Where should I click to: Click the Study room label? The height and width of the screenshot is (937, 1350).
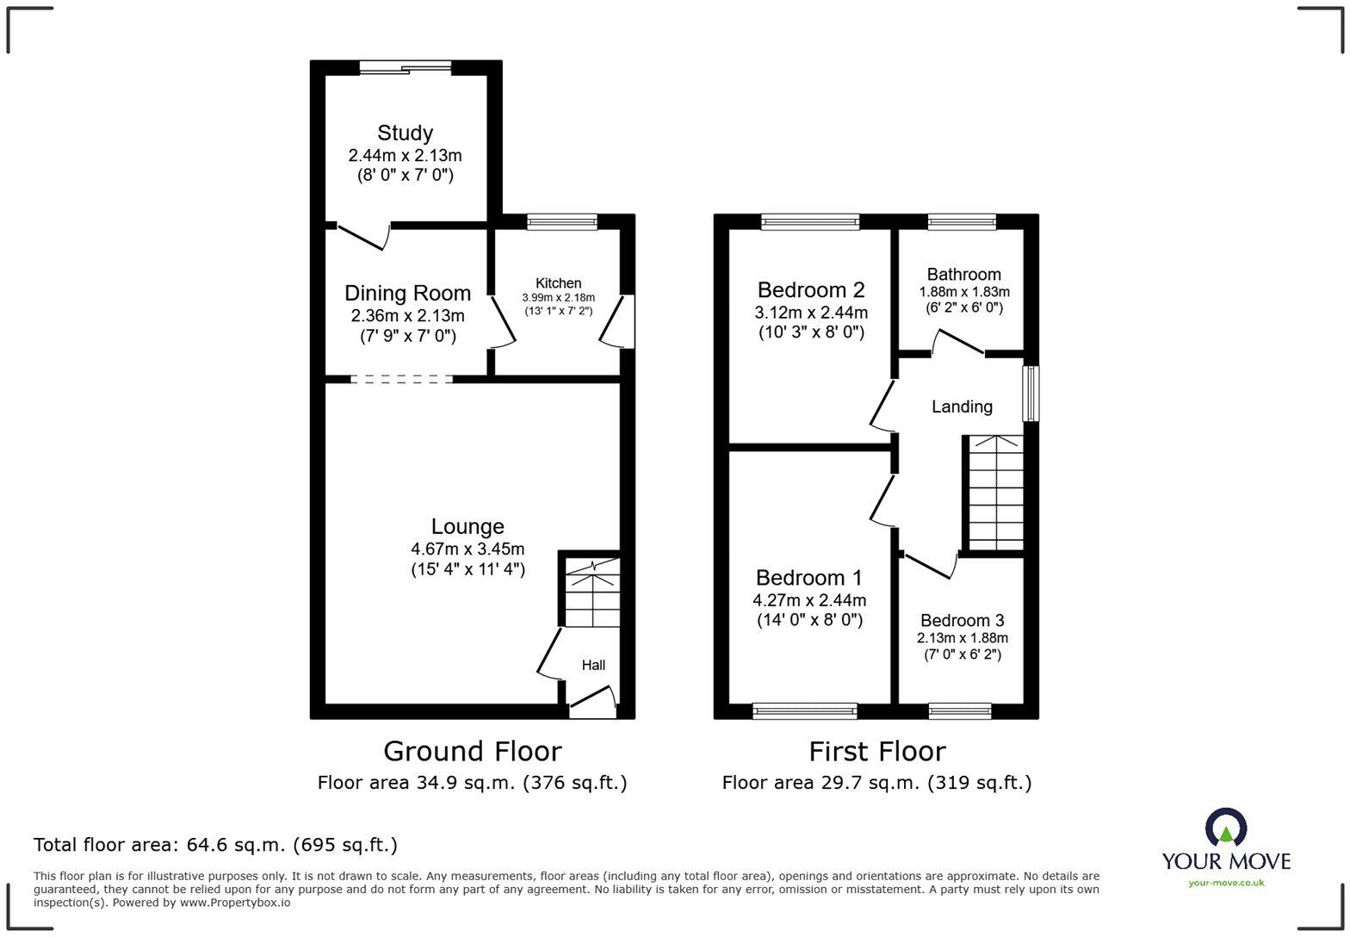405,133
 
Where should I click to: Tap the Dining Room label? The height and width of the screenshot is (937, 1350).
407,293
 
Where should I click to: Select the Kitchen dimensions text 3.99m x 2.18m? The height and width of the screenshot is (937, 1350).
558,297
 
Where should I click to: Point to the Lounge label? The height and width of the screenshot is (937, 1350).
468,526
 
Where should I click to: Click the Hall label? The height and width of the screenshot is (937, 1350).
593,665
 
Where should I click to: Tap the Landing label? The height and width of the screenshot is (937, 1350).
962,406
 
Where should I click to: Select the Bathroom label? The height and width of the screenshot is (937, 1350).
963,275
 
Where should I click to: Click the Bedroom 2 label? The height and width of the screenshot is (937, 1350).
810,290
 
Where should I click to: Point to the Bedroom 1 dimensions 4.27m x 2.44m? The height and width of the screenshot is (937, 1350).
809,600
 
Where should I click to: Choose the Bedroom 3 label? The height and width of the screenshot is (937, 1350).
962,620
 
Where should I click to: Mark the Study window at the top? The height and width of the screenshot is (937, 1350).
406,67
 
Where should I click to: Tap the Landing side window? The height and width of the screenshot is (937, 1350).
1031,394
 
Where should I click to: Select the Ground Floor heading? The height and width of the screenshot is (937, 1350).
472,751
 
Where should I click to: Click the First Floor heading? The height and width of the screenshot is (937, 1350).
876,751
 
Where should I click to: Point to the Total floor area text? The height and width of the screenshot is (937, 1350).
215,845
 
